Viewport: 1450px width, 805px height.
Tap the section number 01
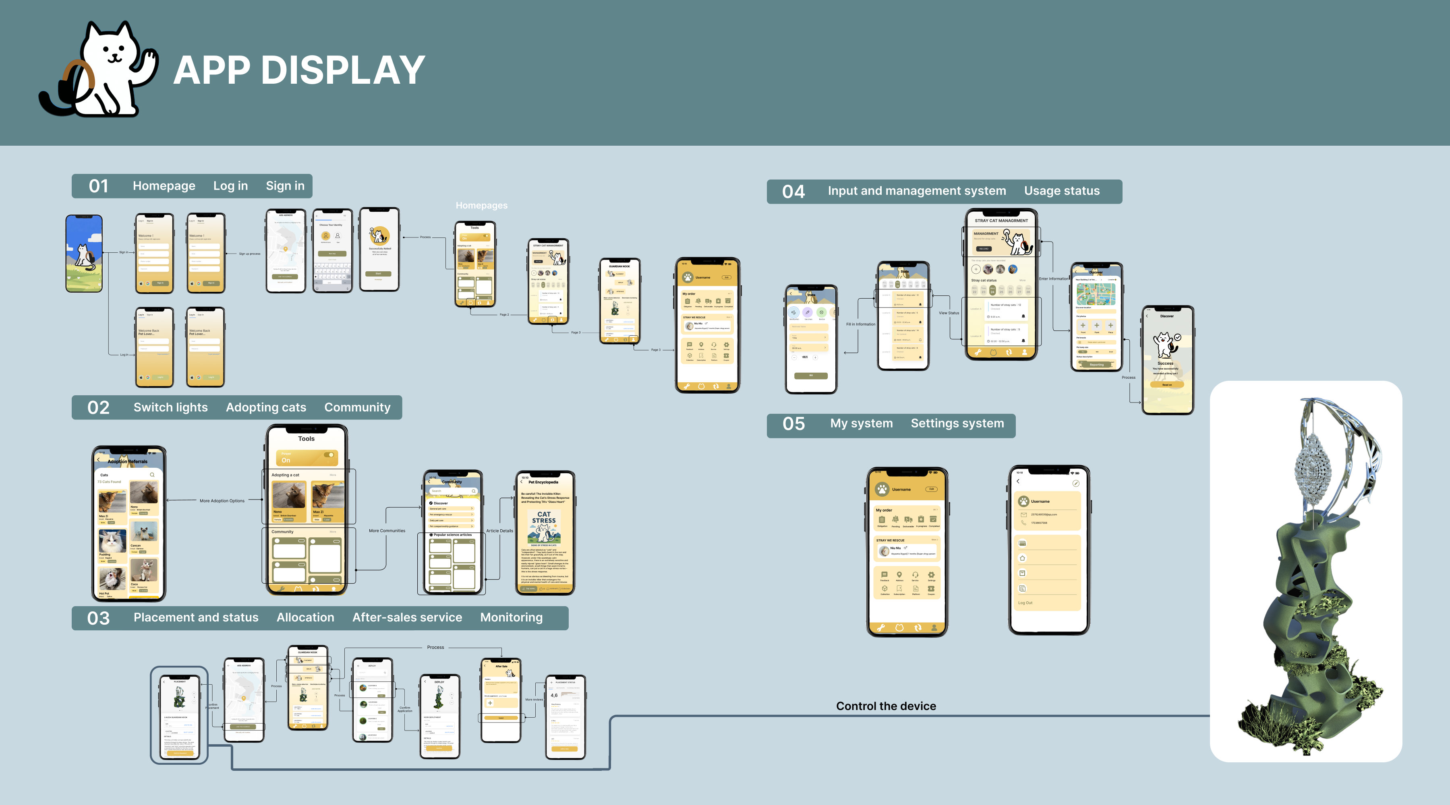[99, 186]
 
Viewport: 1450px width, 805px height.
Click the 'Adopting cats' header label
[266, 407]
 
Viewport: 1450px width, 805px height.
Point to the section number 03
[99, 618]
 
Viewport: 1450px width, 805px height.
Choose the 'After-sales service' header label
[407, 618]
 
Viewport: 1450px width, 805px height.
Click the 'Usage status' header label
[1062, 191]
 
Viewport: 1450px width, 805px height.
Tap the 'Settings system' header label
[957, 423]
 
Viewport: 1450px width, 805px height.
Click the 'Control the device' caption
[886, 706]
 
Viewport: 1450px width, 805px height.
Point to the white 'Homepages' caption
[481, 205]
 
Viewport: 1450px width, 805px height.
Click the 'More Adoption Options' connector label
[222, 501]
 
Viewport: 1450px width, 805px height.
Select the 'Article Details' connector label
[499, 530]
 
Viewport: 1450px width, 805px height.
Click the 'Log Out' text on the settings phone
[1025, 603]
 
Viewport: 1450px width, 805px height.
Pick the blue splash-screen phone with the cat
[84, 253]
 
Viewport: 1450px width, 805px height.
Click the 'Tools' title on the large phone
[306, 439]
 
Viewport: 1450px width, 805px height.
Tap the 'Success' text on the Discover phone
[1165, 363]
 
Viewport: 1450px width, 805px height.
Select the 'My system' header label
[861, 423]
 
